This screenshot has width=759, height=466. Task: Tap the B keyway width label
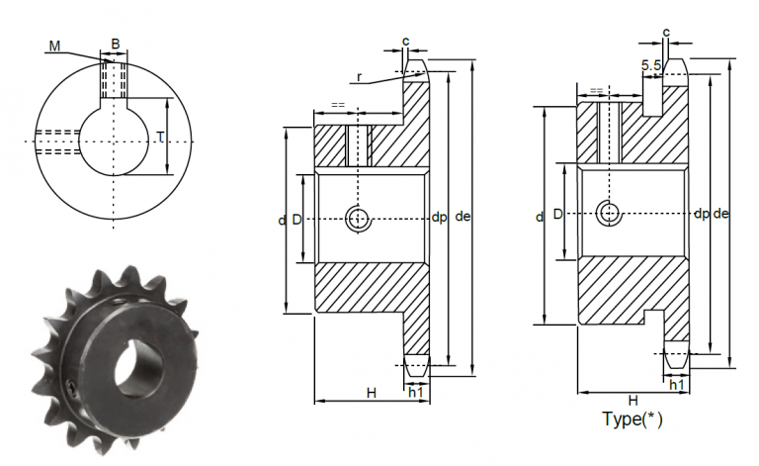[116, 44]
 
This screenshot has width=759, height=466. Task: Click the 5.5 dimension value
[651, 65]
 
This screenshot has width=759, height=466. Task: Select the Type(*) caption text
[632, 419]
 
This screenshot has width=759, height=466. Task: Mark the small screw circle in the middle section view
[357, 219]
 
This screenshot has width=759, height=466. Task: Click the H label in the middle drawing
[372, 393]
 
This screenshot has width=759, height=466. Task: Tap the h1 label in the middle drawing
[417, 393]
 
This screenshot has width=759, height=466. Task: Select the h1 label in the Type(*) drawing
[678, 384]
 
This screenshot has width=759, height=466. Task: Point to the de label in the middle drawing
[463, 218]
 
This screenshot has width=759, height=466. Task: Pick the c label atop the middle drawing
[406, 41]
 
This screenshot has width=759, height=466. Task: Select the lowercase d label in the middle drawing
[282, 220]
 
